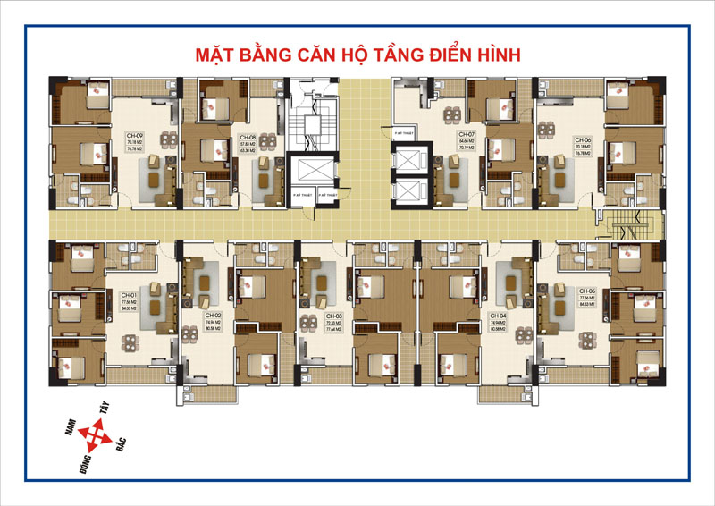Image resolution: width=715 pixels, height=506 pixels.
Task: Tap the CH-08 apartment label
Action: [x=248, y=137]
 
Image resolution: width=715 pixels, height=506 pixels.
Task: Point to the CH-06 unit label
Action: [x=583, y=140]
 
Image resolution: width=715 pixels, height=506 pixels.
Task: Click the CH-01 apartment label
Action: [x=128, y=296]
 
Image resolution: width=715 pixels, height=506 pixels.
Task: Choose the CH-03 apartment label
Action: [x=333, y=316]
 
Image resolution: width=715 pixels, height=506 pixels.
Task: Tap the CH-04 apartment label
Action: [x=498, y=316]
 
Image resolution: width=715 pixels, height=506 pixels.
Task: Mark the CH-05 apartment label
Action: [x=586, y=292]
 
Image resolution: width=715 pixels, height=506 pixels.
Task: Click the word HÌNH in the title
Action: [x=495, y=55]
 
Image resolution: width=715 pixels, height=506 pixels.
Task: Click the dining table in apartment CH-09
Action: [x=166, y=139]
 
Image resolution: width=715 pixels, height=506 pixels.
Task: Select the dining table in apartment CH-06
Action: [x=547, y=139]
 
